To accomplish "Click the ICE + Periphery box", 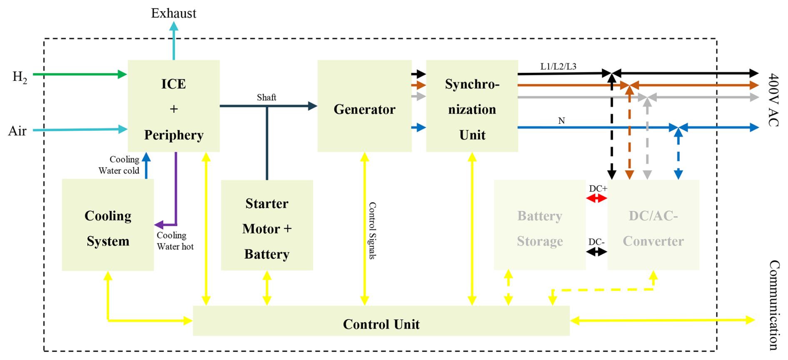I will pyautogui.click(x=174, y=106).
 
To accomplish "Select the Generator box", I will pyautogui.click(x=364, y=106).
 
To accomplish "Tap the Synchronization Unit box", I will pyautogui.click(x=472, y=106).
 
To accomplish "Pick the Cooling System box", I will pyautogui.click(x=108, y=225).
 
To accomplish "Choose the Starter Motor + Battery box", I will pyautogui.click(x=267, y=225).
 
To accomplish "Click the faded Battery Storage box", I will pyautogui.click(x=540, y=225).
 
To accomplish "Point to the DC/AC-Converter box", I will pyautogui.click(x=653, y=225).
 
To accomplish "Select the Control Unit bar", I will pyautogui.click(x=381, y=321).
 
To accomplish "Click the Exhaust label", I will pyautogui.click(x=173, y=13).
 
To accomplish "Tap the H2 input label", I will pyautogui.click(x=20, y=77).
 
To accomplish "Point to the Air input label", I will pyautogui.click(x=17, y=131).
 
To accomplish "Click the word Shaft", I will pyautogui.click(x=267, y=97).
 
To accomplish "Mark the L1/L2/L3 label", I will pyautogui.click(x=558, y=67).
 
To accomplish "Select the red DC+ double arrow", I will pyautogui.click(x=596, y=199).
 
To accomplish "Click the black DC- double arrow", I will pyautogui.click(x=596, y=252).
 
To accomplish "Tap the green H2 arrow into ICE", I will pyautogui.click(x=79, y=75).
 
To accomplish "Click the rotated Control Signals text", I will pyautogui.click(x=372, y=231).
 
